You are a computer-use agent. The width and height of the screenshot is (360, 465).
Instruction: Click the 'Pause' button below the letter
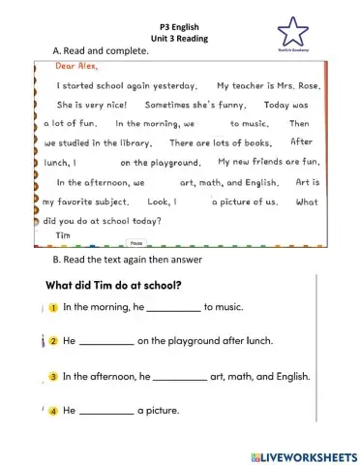point(136,246)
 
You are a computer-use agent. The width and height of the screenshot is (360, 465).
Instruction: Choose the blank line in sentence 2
point(105,344)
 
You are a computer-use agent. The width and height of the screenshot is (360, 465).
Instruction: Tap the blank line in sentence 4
point(105,413)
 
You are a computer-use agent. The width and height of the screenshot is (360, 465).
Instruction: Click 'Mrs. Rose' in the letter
point(293,86)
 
